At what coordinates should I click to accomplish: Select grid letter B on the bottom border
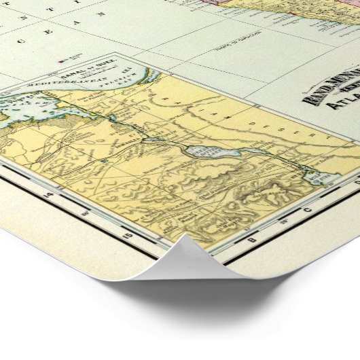coord(251,241)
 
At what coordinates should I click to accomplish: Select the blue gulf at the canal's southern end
coord(314,178)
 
